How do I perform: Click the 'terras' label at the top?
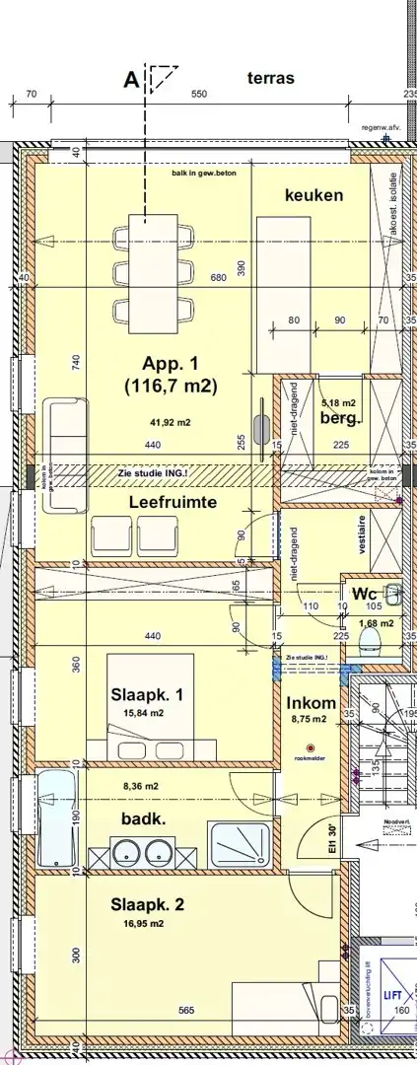point(271,79)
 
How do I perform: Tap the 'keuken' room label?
point(313,195)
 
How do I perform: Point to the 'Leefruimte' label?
point(173,502)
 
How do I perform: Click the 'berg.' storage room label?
point(341,418)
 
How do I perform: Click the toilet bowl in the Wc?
point(372,642)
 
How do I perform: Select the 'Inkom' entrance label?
point(312,703)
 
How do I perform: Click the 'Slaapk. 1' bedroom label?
point(146,694)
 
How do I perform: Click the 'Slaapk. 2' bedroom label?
point(147,905)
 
